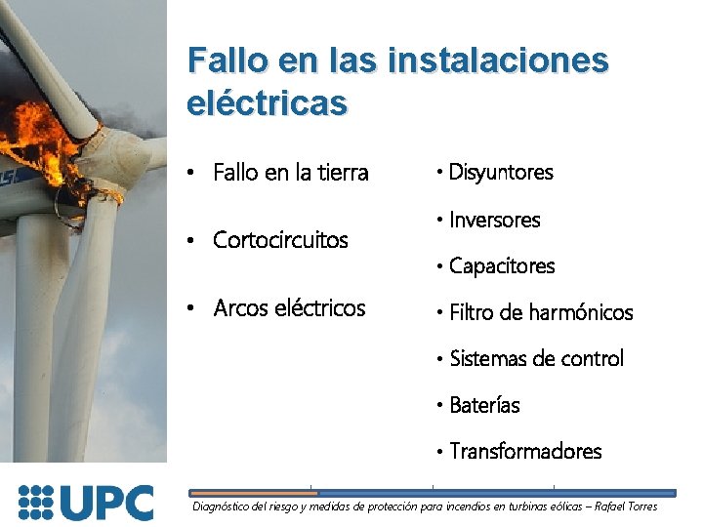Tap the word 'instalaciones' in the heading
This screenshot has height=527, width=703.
pos(498,60)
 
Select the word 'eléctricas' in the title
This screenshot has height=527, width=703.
pos(267,101)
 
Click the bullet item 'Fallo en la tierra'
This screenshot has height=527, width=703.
pos(290,174)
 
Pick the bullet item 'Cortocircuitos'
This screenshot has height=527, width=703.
pos(280,240)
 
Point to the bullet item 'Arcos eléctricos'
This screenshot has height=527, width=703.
pos(289,308)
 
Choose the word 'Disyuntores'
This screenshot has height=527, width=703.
pos(501,173)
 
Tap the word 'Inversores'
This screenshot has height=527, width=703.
pos(494,221)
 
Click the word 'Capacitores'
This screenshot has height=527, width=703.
pos(502,265)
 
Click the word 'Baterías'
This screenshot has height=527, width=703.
pos(484,404)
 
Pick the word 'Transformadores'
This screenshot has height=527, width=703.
pos(525,451)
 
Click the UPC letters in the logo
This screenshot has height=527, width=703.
pos(106,503)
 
